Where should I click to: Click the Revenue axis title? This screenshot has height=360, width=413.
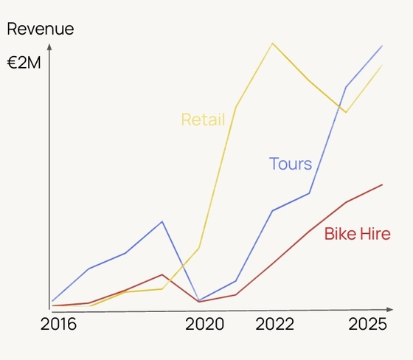[41, 30]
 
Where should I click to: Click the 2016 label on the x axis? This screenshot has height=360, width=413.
[58, 325]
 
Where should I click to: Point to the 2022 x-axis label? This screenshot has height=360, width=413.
[274, 325]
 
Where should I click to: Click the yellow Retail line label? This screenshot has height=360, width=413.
[203, 120]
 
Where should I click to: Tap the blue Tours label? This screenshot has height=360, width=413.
[290, 164]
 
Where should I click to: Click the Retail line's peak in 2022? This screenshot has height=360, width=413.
[273, 43]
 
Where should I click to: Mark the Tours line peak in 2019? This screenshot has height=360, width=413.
[162, 221]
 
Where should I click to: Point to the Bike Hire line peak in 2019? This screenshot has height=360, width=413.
[162, 274]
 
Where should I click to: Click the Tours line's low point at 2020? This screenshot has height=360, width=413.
[199, 300]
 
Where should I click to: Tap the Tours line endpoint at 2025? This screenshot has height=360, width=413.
[383, 46]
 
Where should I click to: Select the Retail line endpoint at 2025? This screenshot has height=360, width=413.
[383, 65]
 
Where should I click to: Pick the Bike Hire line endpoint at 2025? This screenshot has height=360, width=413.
[383, 184]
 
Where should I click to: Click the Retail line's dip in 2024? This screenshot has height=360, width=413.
[346, 112]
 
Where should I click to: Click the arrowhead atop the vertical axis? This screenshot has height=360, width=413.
[49, 47]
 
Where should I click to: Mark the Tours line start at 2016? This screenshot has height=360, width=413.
[52, 301]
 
